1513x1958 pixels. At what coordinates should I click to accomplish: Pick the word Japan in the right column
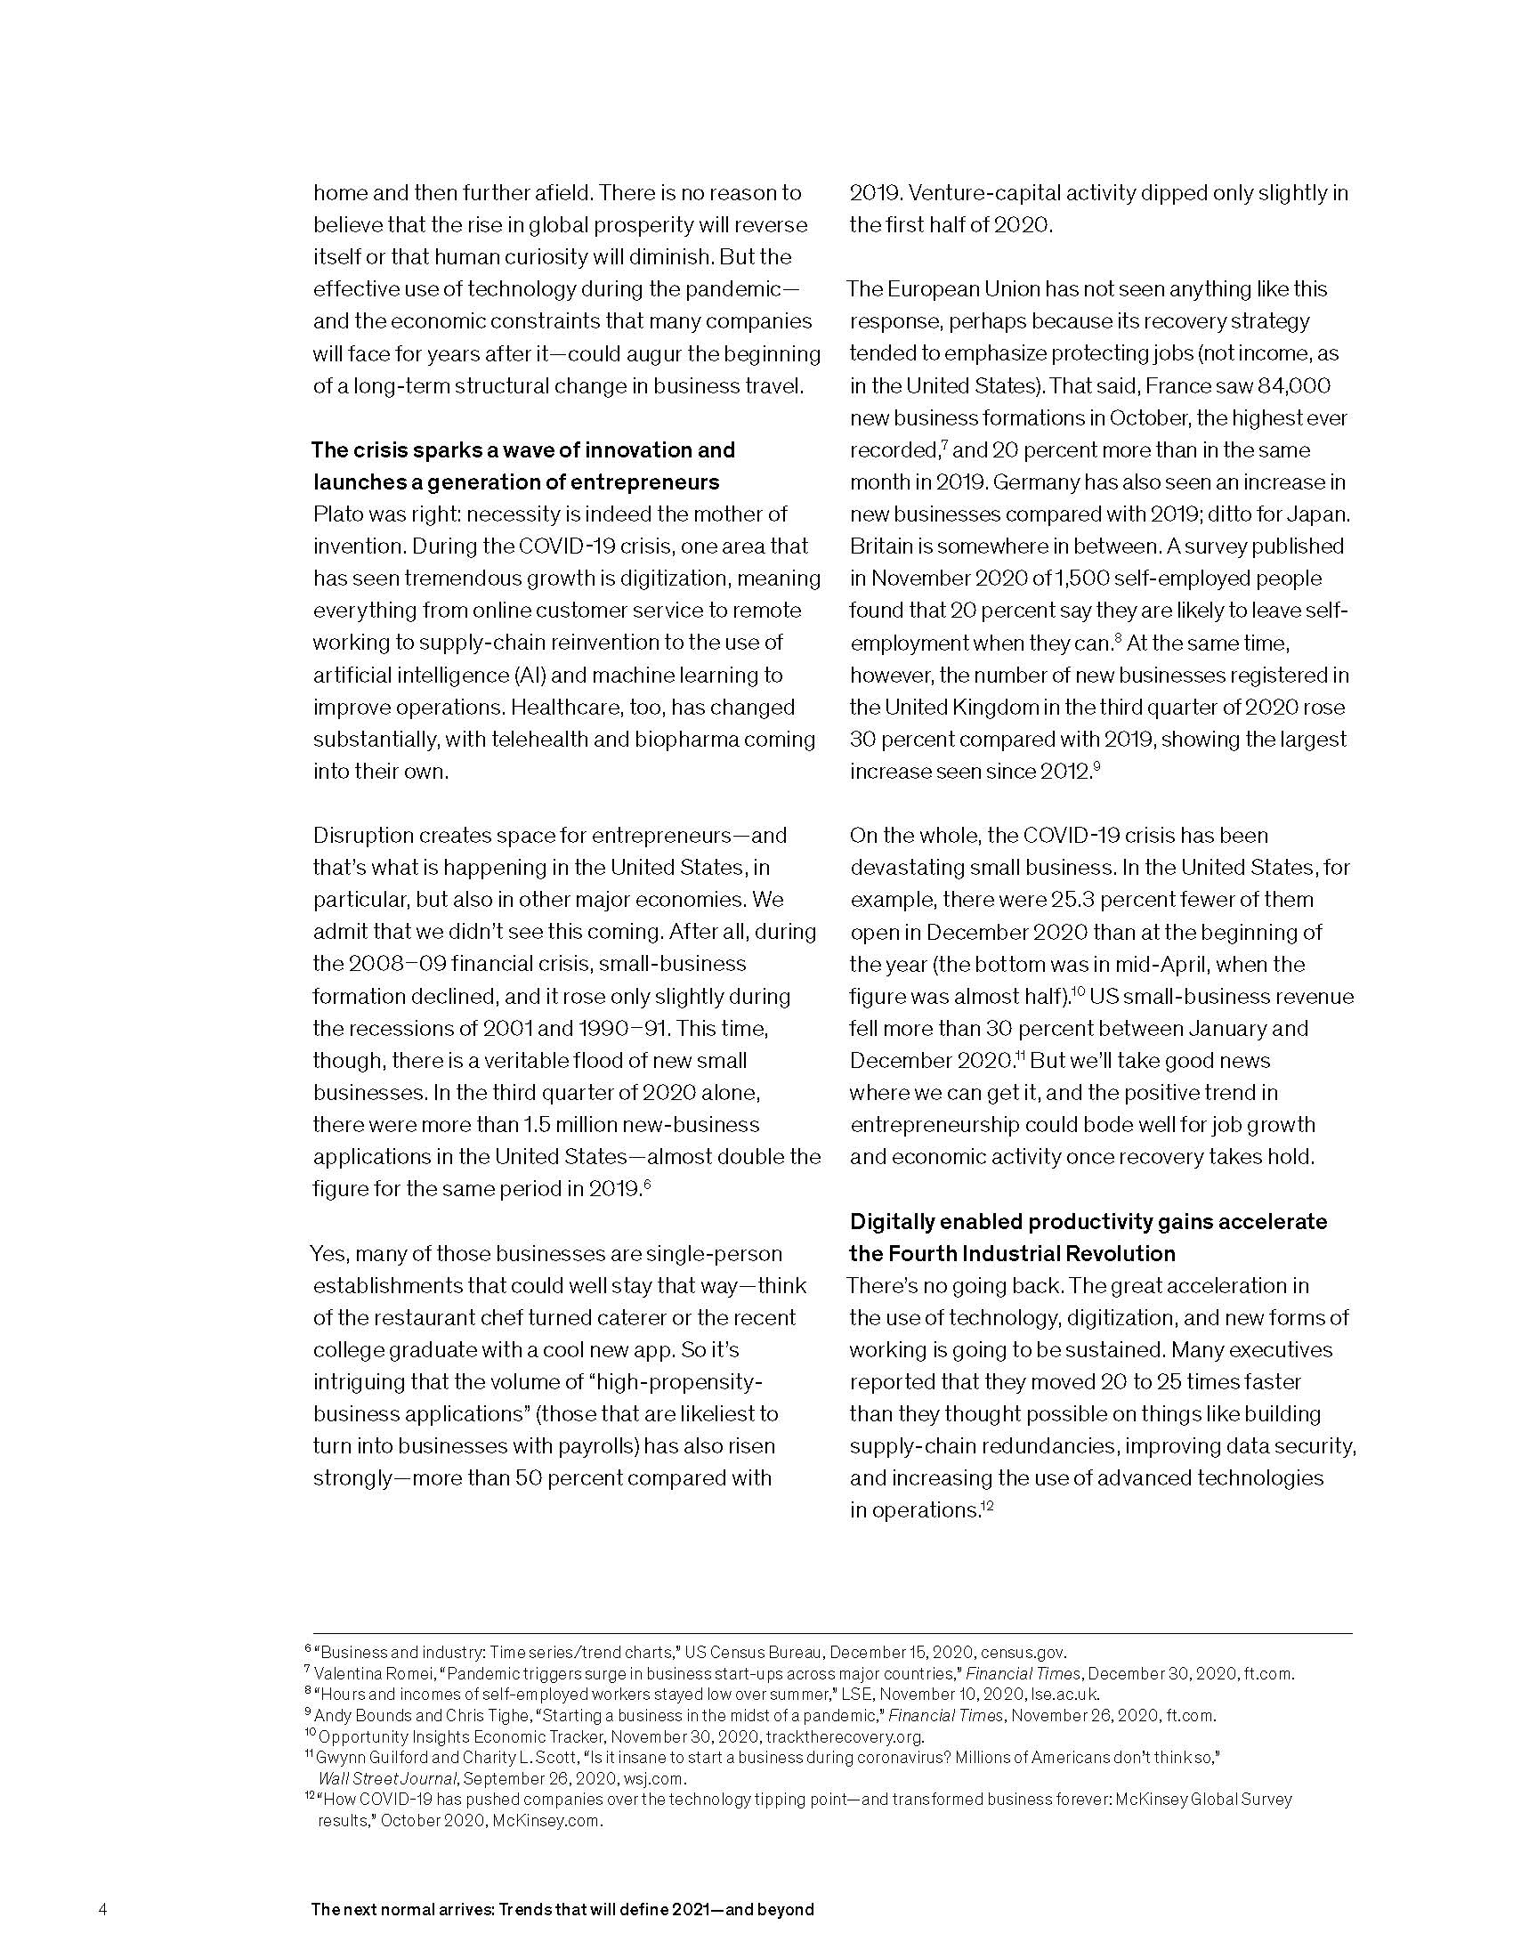pyautogui.click(x=1319, y=514)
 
